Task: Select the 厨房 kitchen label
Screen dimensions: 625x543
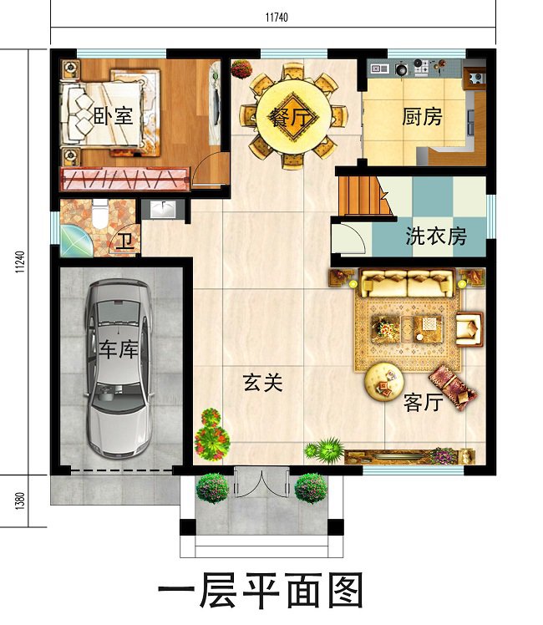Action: (x=422, y=116)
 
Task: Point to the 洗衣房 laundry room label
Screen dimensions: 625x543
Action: (x=435, y=236)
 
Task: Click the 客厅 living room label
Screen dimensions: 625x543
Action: (x=422, y=402)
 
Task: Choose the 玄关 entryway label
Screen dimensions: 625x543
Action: (x=262, y=383)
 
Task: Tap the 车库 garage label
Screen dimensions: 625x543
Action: (x=118, y=348)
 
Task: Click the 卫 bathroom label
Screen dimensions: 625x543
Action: (x=124, y=241)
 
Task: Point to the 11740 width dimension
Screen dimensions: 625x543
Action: (x=273, y=17)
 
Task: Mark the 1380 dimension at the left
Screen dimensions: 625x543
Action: (x=19, y=501)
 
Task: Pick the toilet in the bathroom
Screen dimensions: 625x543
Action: (x=99, y=216)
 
